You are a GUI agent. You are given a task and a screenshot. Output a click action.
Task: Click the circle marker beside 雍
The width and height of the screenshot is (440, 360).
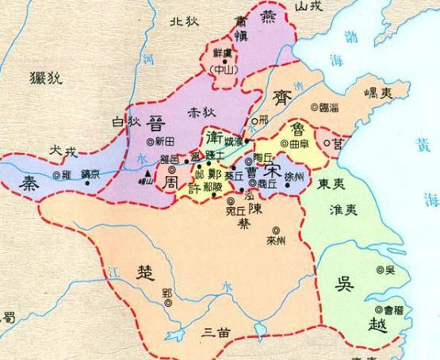56,174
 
